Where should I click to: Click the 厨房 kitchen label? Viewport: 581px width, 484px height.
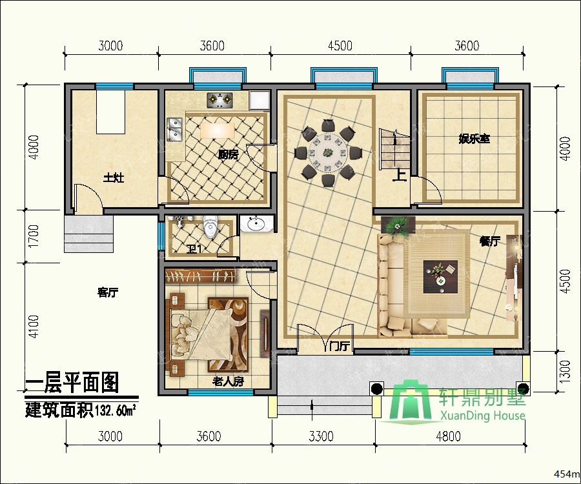(x=228, y=155)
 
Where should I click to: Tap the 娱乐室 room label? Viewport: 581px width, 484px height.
(x=474, y=139)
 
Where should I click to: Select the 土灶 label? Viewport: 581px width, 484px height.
(x=114, y=177)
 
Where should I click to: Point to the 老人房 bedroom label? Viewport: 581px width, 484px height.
(x=228, y=381)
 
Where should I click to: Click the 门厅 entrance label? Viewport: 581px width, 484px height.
(x=340, y=347)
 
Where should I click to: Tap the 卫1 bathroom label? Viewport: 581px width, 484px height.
(x=194, y=249)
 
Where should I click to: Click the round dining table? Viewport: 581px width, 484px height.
(x=328, y=152)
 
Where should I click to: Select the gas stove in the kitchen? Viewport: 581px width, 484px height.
(x=219, y=99)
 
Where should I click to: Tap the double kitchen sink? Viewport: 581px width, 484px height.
(x=174, y=129)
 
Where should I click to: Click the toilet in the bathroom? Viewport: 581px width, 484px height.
(x=210, y=226)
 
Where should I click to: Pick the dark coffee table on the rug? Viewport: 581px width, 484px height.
(x=440, y=276)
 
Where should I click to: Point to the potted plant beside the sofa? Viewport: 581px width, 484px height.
(x=398, y=225)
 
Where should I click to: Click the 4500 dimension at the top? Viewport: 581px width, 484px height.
(x=340, y=46)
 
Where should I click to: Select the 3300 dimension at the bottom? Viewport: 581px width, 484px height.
(x=321, y=436)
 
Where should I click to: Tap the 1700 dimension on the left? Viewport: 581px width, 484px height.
(x=34, y=236)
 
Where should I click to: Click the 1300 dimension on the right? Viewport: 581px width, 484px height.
(x=565, y=372)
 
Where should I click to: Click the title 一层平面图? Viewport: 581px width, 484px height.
(x=72, y=382)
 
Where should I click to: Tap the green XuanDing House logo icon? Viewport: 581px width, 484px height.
(x=411, y=400)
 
